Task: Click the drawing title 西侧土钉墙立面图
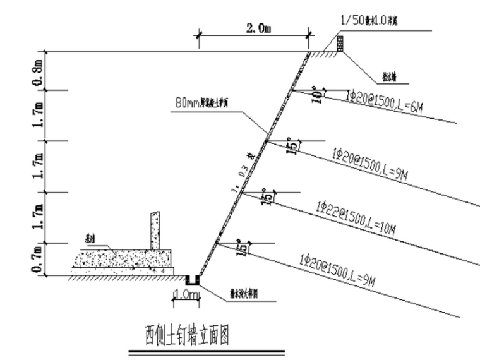(187, 334)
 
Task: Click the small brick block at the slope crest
(340, 44)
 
